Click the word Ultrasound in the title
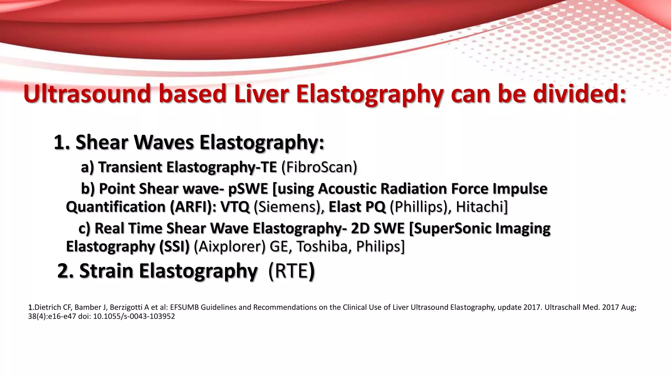87,94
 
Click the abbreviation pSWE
248,189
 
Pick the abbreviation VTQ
235,207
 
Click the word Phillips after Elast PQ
420,207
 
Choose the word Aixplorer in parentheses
230,246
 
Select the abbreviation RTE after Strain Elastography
288,271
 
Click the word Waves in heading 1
164,142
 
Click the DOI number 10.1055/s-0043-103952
134,316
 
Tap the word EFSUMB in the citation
184,307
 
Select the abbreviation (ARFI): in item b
193,207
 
